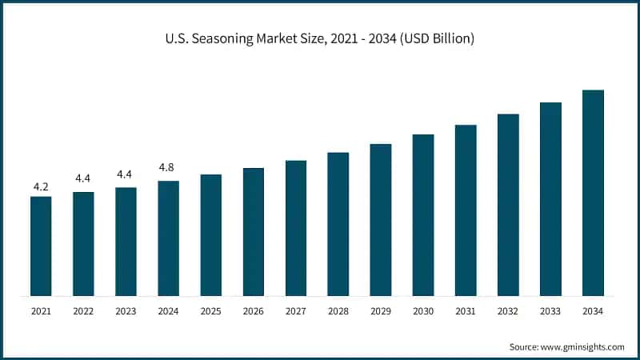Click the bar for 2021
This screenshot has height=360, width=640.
[41, 246]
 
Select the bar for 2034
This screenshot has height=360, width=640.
[593, 193]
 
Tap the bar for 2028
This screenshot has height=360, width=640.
[338, 224]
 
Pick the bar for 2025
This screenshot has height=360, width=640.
[211, 235]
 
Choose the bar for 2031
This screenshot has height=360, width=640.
[466, 210]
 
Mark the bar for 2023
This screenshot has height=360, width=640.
[126, 242]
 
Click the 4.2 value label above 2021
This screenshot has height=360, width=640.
[41, 186]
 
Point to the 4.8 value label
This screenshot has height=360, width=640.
[168, 168]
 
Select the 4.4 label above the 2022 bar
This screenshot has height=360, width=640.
[83, 178]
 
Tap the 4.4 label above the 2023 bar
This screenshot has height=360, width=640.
[126, 174]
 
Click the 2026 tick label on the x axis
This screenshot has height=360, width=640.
[254, 311]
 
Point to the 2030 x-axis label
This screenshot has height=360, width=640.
[423, 311]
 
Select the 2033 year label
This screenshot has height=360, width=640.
[550, 311]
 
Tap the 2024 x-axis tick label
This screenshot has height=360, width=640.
[168, 311]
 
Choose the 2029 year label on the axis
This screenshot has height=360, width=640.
[381, 311]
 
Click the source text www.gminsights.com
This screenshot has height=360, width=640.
[582, 346]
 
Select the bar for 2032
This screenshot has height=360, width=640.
[508, 205]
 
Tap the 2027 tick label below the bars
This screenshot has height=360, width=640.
[296, 311]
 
